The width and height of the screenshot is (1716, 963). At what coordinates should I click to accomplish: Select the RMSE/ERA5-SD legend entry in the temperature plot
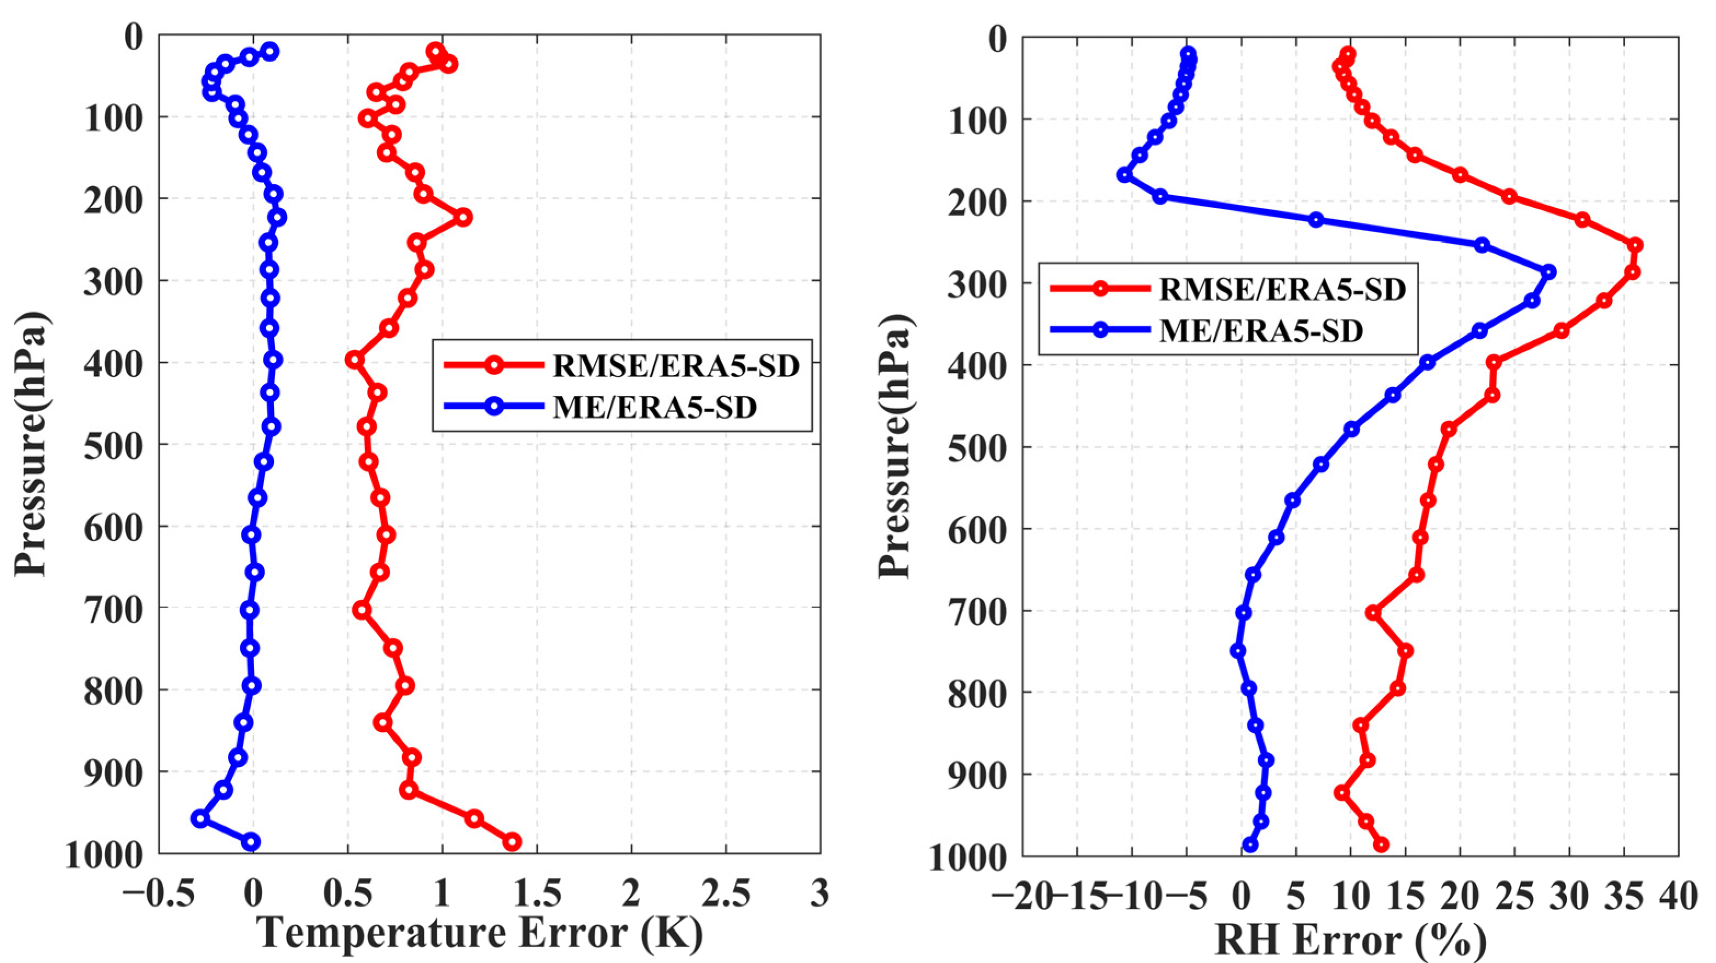coord(675,366)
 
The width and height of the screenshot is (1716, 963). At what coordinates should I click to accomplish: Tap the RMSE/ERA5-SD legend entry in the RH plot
coord(1282,289)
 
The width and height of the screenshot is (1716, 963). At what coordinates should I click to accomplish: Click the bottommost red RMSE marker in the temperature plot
coord(512,842)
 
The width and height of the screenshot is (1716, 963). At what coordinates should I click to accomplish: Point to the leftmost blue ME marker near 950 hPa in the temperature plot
coord(200,818)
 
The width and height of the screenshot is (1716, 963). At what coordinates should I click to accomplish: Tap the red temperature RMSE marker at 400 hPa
coord(354,360)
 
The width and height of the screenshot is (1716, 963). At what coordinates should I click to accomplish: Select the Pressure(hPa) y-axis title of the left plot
coord(32,443)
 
